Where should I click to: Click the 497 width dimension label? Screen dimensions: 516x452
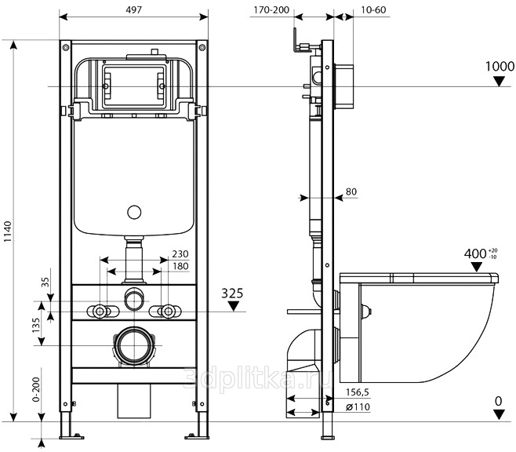tap(134, 10)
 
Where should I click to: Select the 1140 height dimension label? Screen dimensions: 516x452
tap(8, 231)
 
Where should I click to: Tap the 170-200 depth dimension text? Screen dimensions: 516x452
tap(271, 10)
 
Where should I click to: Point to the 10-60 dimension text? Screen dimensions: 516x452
tap(373, 10)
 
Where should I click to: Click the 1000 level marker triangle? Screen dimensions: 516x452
tap(500, 81)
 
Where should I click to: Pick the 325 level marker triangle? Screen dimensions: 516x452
tap(234, 307)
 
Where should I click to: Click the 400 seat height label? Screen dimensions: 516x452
tap(475, 253)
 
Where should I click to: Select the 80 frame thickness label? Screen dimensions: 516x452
tap(351, 191)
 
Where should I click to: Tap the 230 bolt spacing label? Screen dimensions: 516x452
tap(180, 253)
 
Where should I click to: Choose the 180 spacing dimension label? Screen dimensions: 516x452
tap(180, 266)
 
